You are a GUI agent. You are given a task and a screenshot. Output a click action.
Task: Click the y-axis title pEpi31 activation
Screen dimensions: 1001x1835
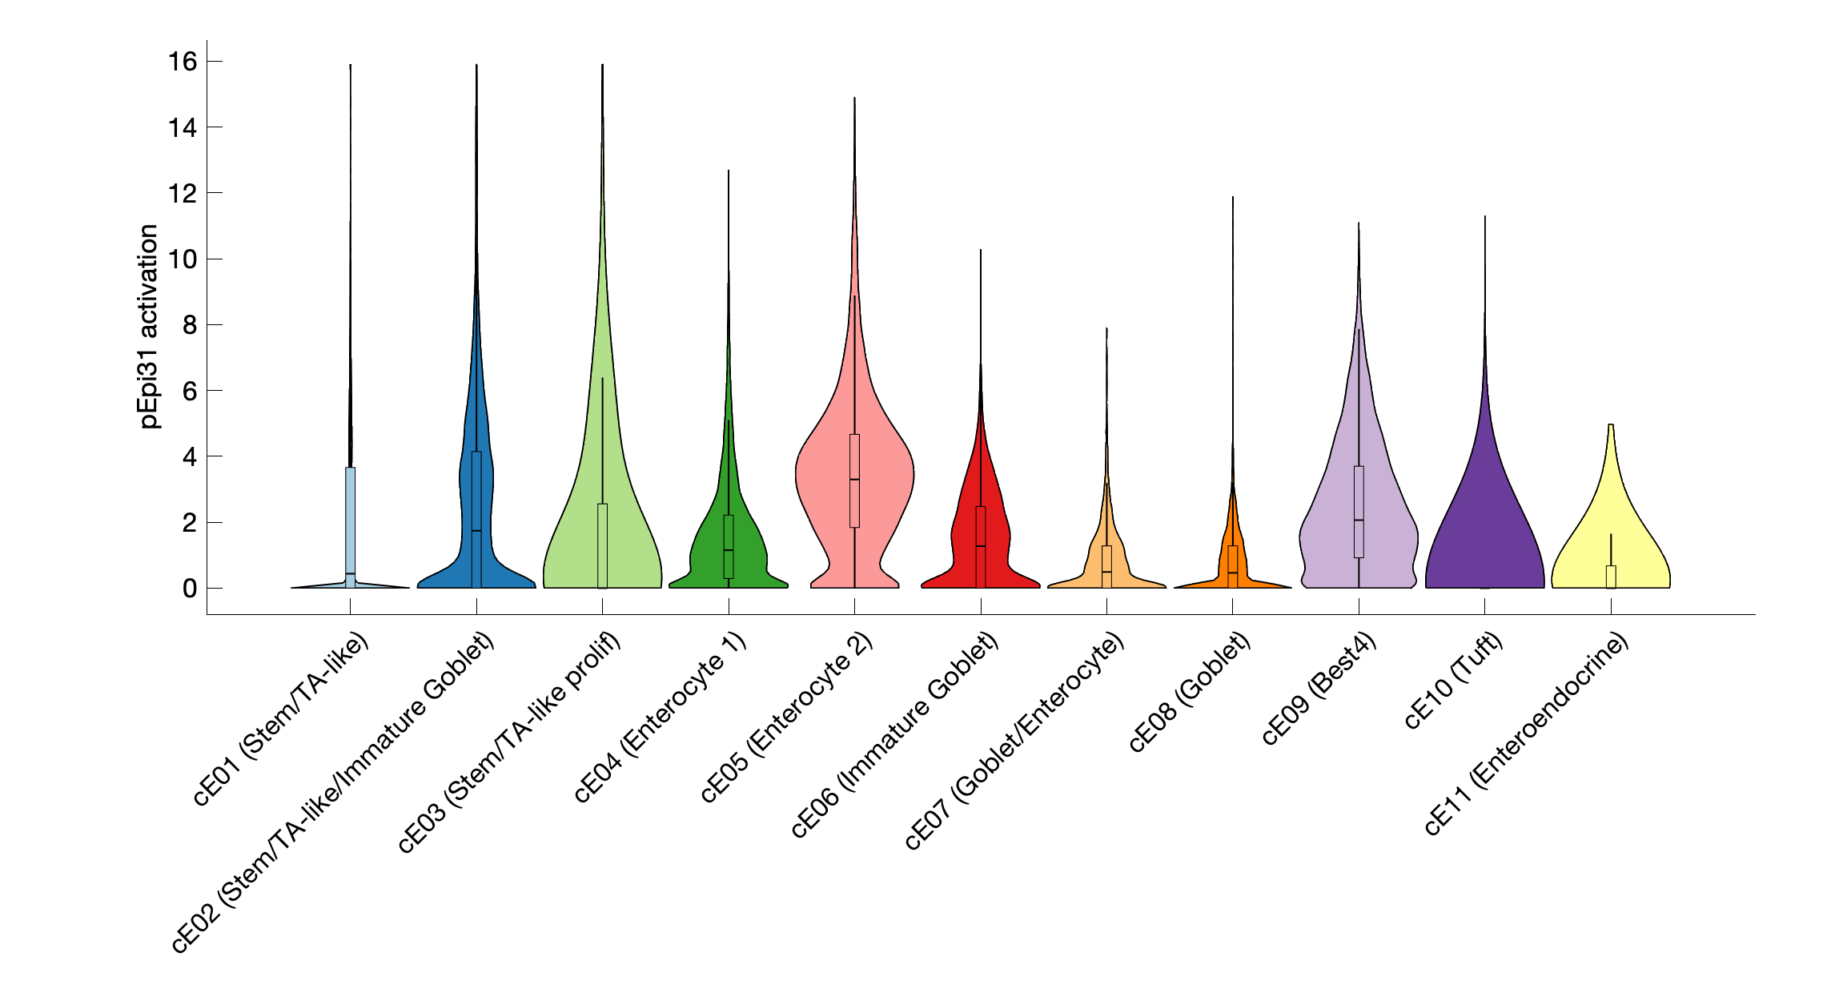[x=149, y=327]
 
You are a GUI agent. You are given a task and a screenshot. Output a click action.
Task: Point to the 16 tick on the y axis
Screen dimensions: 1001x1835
[x=183, y=62]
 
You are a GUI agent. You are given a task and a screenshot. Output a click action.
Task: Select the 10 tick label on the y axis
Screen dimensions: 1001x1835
[x=183, y=259]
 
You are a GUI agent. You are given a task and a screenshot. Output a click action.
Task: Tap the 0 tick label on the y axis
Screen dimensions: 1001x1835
[x=190, y=589]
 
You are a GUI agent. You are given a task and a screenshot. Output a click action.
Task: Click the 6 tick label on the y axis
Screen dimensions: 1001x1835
[x=190, y=391]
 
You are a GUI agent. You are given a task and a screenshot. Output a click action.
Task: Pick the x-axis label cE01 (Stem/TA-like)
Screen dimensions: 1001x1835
[x=282, y=718]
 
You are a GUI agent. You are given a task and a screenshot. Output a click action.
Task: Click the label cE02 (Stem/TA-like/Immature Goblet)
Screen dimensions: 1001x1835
[x=334, y=792]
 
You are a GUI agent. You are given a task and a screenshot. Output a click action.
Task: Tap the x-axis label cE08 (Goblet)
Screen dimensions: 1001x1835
[x=1190, y=692]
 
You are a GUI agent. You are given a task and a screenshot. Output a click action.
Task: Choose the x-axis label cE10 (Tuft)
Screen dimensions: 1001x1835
[x=1454, y=680]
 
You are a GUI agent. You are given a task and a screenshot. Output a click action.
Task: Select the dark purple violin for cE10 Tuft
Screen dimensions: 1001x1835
[x=1484, y=529]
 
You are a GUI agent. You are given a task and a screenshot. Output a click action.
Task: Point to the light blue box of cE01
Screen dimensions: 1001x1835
[x=350, y=521]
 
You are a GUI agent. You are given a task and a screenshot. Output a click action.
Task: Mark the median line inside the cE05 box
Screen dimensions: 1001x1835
[x=854, y=479]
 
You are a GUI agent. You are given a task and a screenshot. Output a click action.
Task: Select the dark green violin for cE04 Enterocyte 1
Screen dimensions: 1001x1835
[x=705, y=553]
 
